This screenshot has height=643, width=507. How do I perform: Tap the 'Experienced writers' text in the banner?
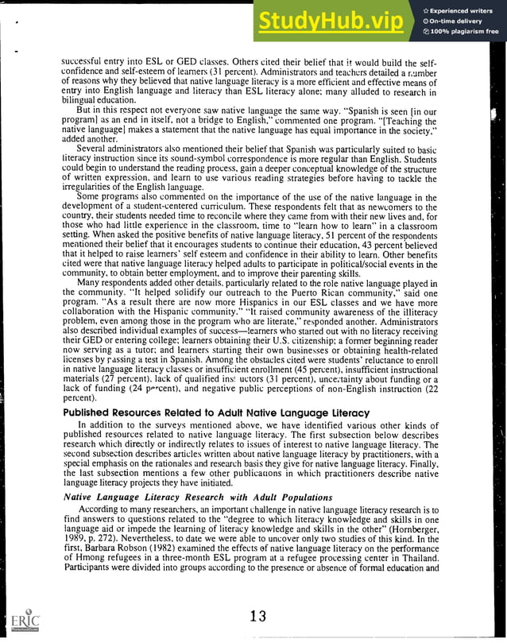tap(463, 10)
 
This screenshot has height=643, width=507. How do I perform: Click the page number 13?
tap(256, 616)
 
